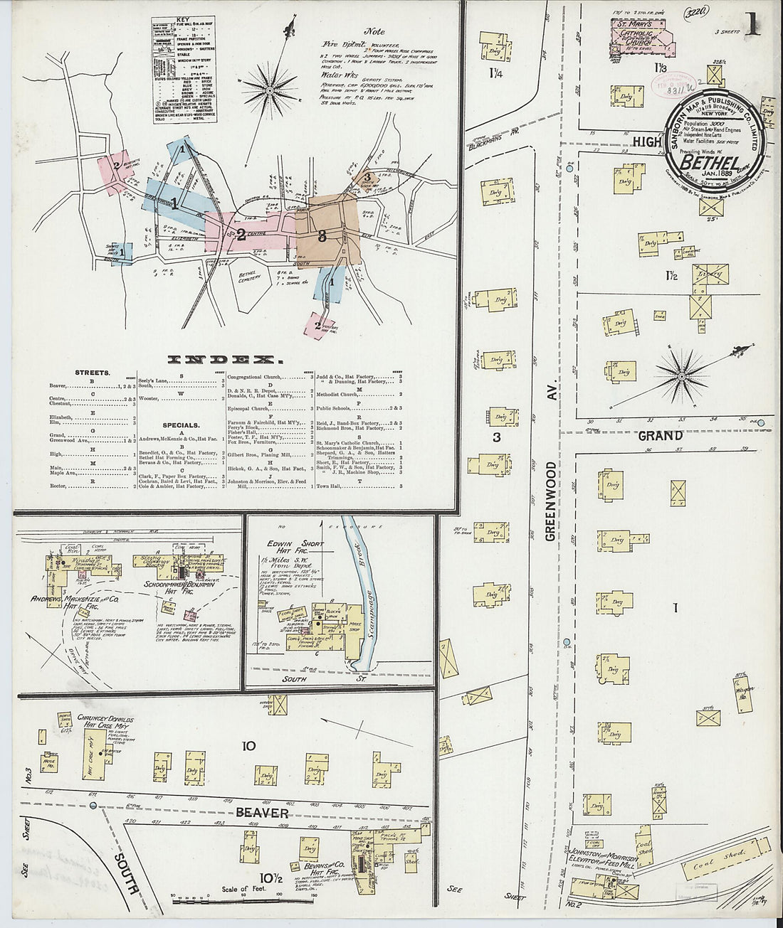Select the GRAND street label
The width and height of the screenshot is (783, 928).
click(x=660, y=435)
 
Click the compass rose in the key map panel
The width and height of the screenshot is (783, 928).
click(x=270, y=90)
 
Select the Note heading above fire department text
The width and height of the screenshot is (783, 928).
click(x=374, y=32)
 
